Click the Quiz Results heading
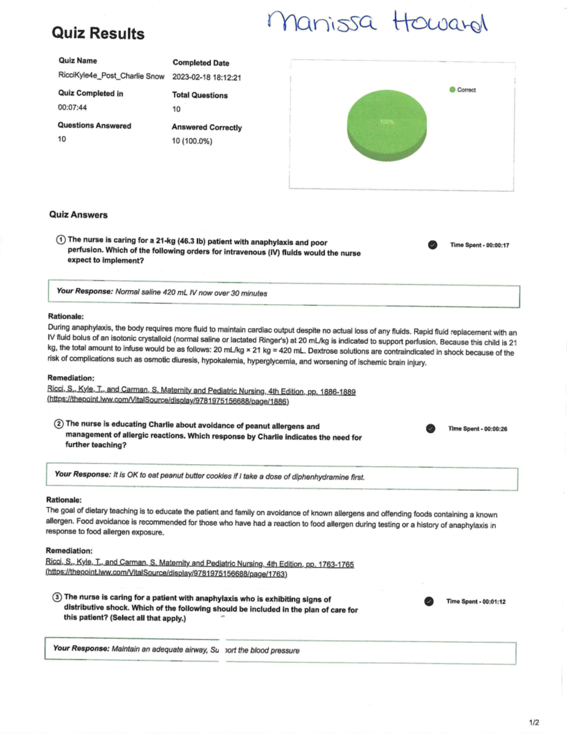point(98,33)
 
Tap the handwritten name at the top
point(377,23)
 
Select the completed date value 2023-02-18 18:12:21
point(206,78)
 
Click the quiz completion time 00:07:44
point(72,107)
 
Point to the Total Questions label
point(199,95)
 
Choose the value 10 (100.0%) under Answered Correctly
point(192,141)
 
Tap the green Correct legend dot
point(452,90)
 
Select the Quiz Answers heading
point(78,215)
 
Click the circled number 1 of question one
point(60,240)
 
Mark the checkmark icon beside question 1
point(432,245)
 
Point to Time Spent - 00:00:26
point(477,429)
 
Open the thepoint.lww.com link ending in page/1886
point(168,401)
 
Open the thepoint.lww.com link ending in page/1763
point(166,573)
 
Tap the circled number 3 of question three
point(57,597)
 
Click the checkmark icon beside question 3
point(429,601)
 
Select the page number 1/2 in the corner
point(534,722)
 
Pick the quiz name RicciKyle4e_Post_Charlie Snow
point(111,76)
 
